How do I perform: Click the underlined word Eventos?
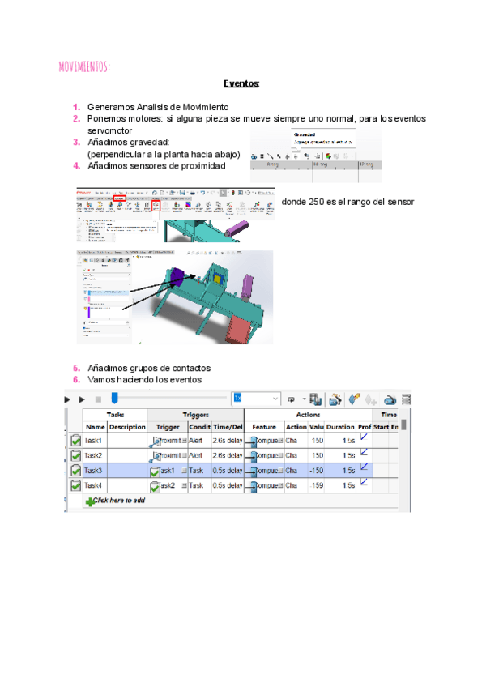coord(241,83)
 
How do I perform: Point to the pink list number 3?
coord(76,142)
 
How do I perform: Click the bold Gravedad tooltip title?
coord(305,135)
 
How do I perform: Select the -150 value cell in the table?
coord(316,470)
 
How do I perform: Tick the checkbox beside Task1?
coord(75,441)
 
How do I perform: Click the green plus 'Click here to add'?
coord(114,501)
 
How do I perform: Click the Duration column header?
coord(340,426)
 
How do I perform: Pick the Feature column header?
coord(264,426)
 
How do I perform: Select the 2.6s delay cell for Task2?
coord(228,455)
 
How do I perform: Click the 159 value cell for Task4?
coord(316,485)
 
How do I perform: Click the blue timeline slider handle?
coord(115,399)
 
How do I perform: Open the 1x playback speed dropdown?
coord(254,399)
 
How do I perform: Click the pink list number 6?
coord(76,379)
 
